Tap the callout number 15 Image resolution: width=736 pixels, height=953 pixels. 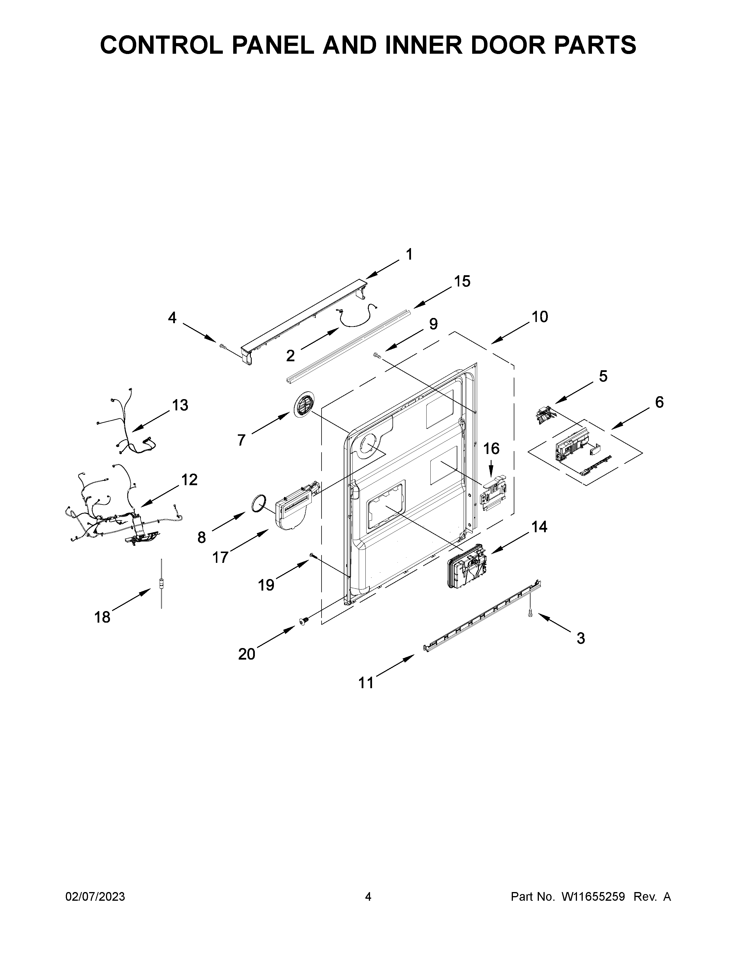(462, 282)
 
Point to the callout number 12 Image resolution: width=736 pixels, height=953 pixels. (189, 480)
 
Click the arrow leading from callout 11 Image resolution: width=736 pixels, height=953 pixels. (394, 665)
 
